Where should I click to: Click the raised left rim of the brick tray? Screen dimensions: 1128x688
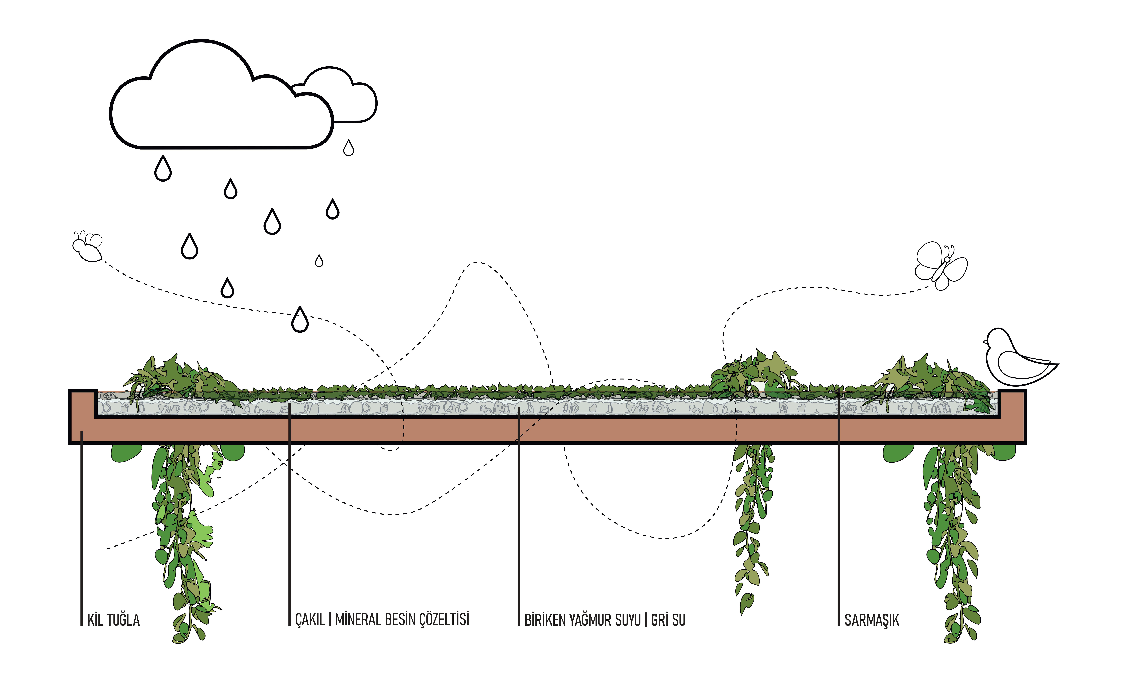[82, 403]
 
